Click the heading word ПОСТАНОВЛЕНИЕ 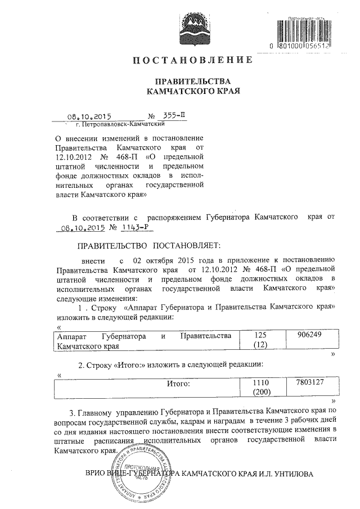pyautogui.click(x=192, y=60)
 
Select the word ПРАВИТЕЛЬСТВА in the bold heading pyautogui.click(x=192, y=80)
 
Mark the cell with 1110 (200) pyautogui.click(x=259, y=388)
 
